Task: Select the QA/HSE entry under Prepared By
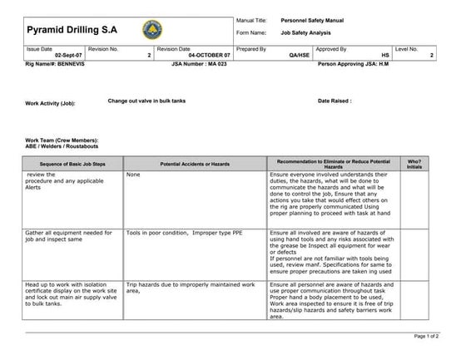click(x=297, y=54)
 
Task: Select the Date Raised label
click(x=335, y=101)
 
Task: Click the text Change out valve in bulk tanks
click(x=146, y=100)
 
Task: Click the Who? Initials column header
click(x=414, y=163)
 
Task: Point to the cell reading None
click(x=133, y=175)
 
